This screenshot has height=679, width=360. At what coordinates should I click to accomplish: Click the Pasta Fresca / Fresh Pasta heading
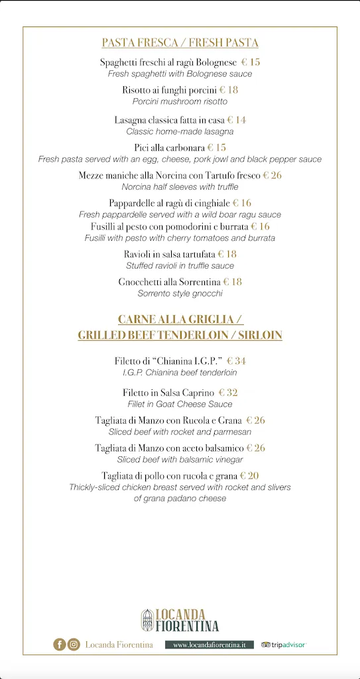[x=180, y=43]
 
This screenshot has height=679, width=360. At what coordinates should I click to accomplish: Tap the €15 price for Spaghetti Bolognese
[x=251, y=62]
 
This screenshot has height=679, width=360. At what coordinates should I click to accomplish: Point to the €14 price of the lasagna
[x=237, y=120]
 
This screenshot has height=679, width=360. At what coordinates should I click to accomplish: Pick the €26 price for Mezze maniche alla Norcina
[x=272, y=176]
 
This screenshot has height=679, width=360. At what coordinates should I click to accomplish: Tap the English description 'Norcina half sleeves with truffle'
[x=180, y=187]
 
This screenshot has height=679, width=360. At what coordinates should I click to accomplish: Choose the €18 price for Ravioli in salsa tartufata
[x=227, y=254]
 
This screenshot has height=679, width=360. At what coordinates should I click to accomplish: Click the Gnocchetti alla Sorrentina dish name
[x=170, y=282]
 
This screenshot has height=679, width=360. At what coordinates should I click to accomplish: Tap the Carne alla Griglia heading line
[x=180, y=319]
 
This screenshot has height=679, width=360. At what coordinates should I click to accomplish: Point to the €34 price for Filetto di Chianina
[x=236, y=361]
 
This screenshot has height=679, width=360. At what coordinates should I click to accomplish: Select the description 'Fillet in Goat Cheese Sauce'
[x=180, y=404]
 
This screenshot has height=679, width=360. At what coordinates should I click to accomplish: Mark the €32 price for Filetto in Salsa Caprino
[x=228, y=393]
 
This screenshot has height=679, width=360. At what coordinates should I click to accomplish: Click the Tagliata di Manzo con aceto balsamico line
[x=169, y=448]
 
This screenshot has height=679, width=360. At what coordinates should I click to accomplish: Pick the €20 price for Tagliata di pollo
[x=249, y=475]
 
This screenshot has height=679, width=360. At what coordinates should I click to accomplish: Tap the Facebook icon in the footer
[x=60, y=644]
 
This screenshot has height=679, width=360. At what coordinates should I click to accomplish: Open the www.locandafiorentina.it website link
[x=210, y=645]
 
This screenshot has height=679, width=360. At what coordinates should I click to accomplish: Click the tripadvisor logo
[x=284, y=645]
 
